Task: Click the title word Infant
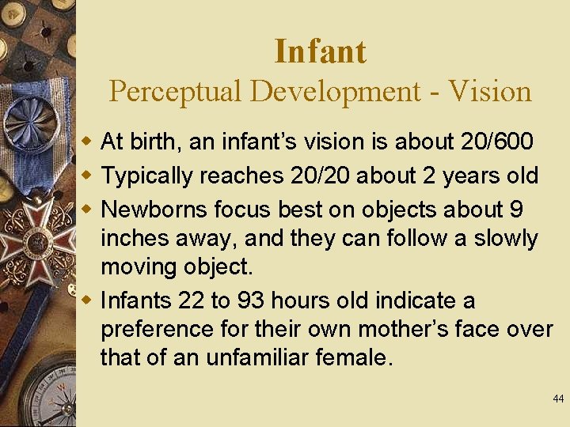(x=320, y=52)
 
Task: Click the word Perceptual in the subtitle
(x=176, y=92)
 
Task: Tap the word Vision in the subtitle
(x=489, y=92)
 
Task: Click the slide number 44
(x=558, y=399)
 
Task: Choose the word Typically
(x=147, y=176)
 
